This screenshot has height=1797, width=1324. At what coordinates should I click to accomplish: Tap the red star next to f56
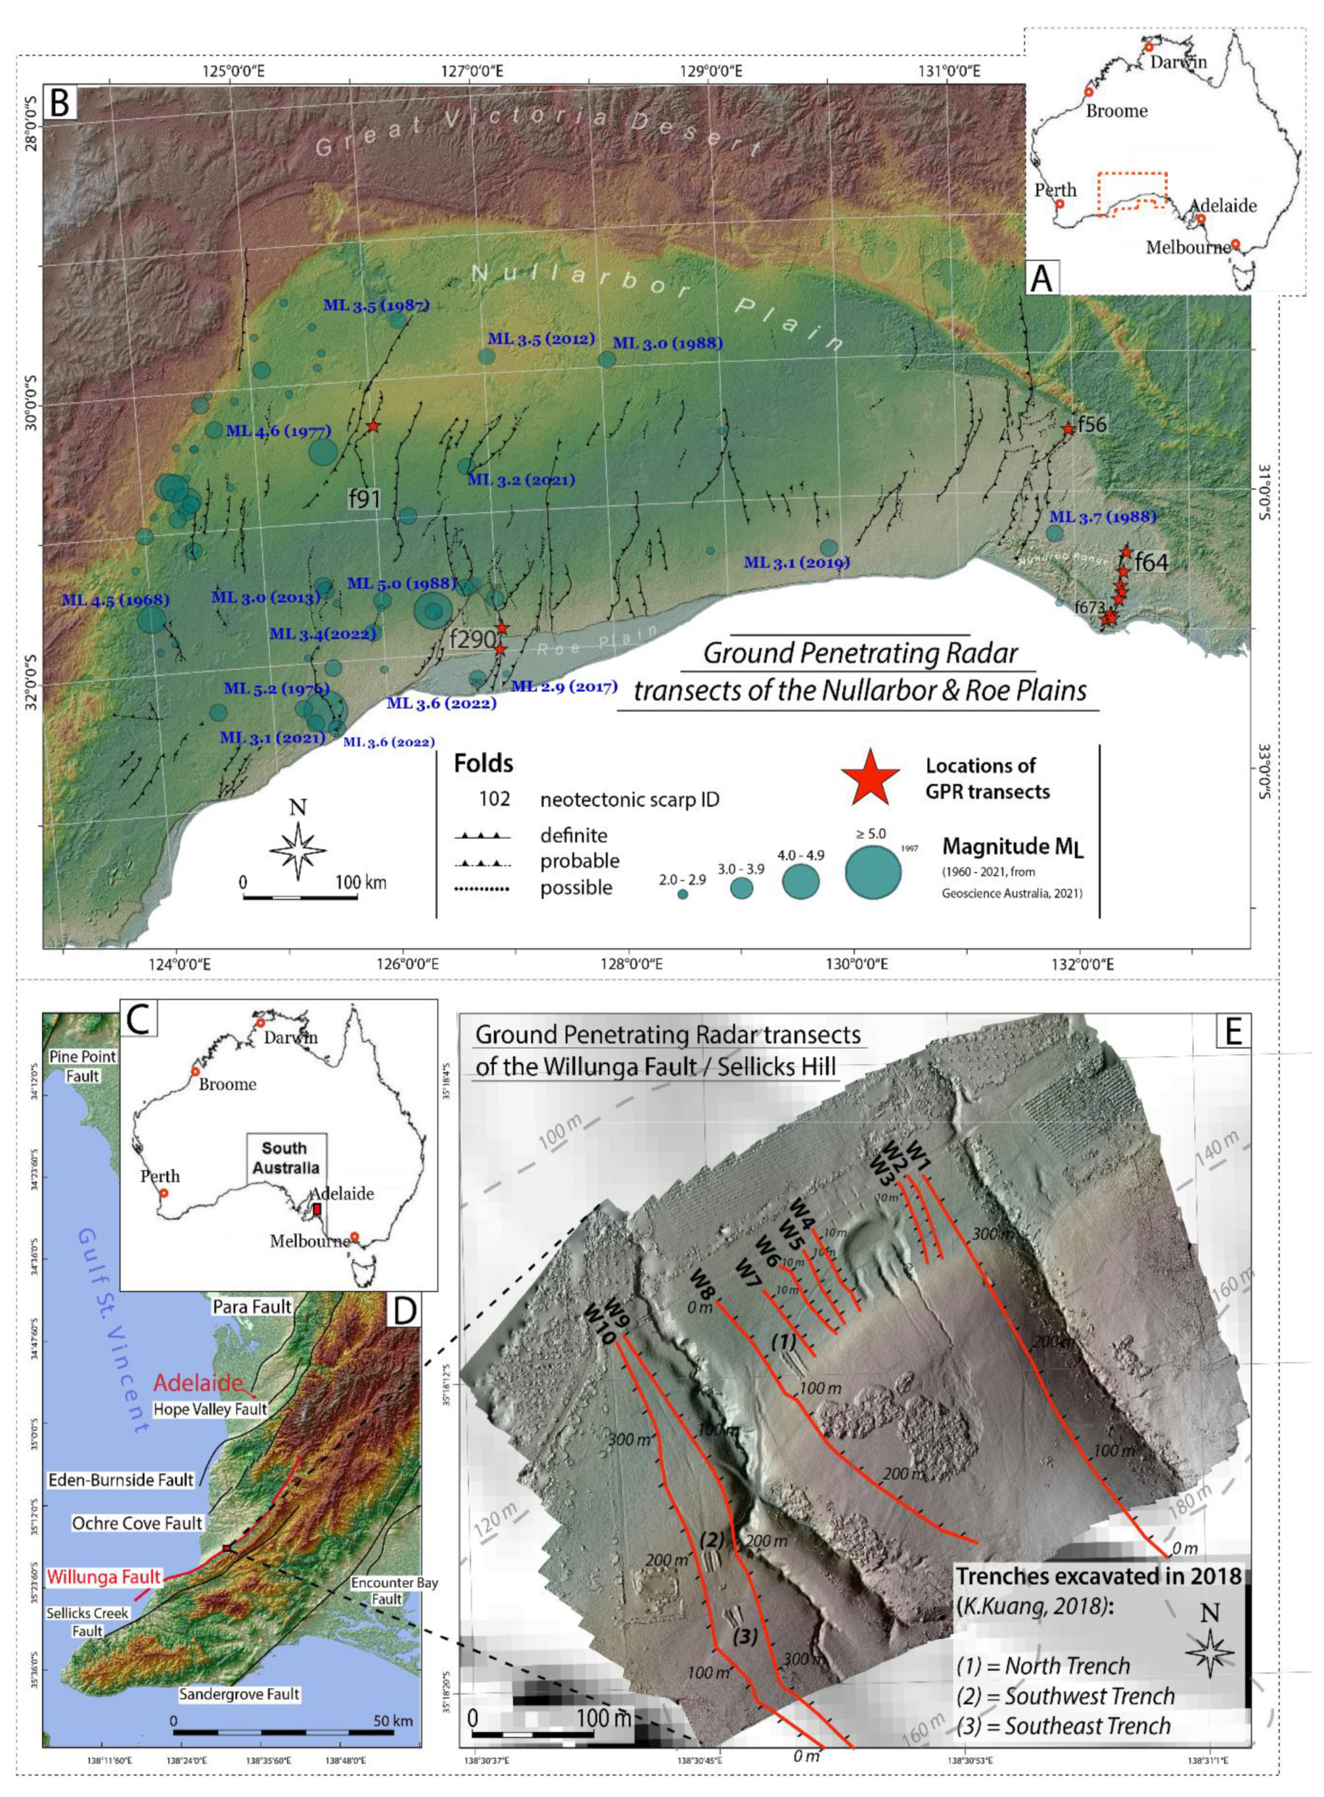coord(1068,430)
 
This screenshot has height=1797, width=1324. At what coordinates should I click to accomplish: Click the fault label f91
coord(364,498)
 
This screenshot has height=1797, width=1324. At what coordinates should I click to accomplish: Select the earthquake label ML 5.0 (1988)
coord(401,584)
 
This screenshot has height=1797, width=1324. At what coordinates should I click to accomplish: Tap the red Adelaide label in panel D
coord(198,1383)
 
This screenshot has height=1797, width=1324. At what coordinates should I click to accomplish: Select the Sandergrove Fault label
coord(239,1694)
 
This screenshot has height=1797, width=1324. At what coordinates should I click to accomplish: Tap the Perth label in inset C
coord(160,1177)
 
